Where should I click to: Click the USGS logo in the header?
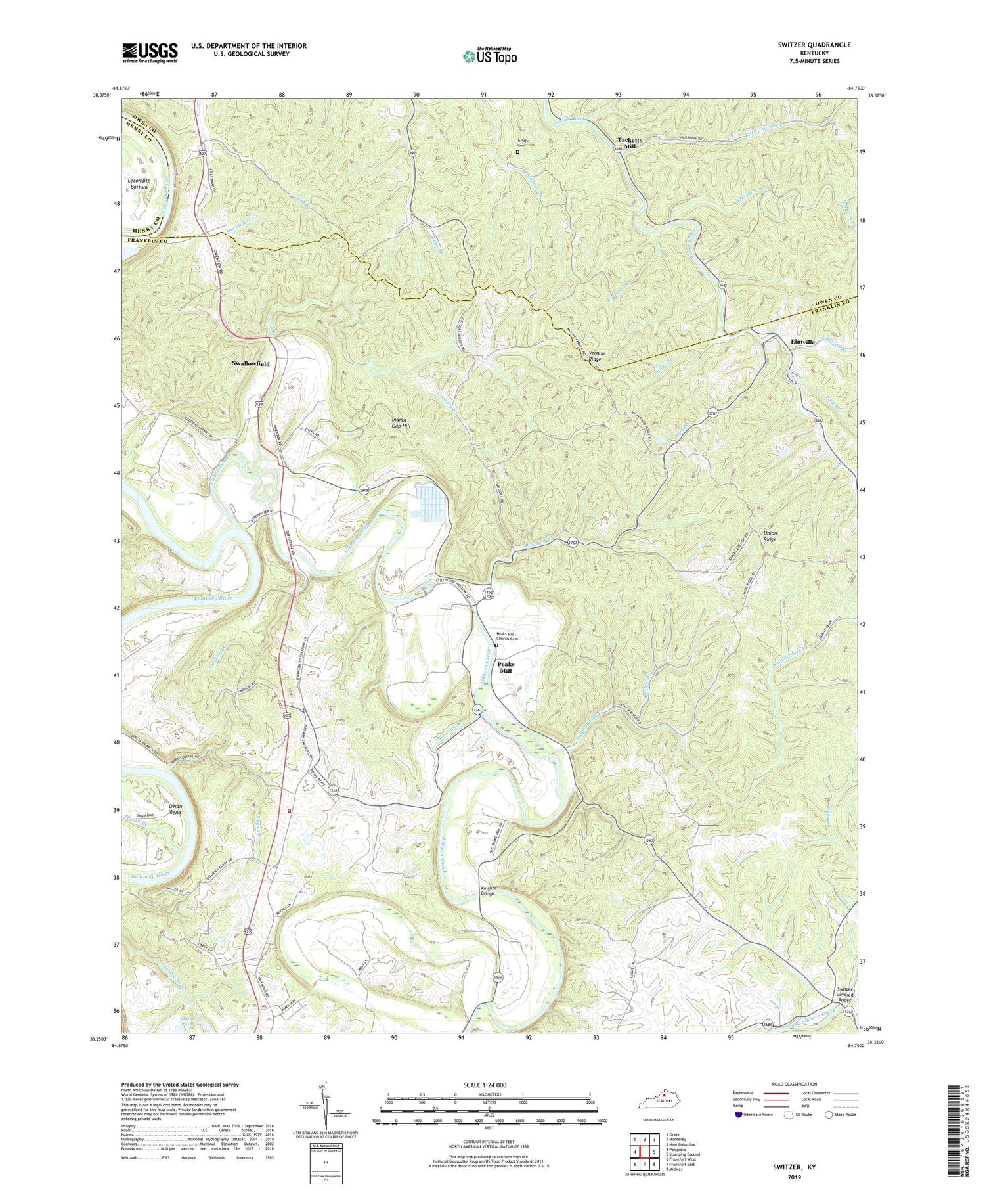(x=150, y=53)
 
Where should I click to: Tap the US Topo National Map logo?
(x=489, y=56)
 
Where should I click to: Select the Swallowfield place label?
(x=251, y=363)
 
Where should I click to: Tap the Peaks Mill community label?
(x=506, y=667)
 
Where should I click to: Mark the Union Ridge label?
(x=770, y=535)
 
